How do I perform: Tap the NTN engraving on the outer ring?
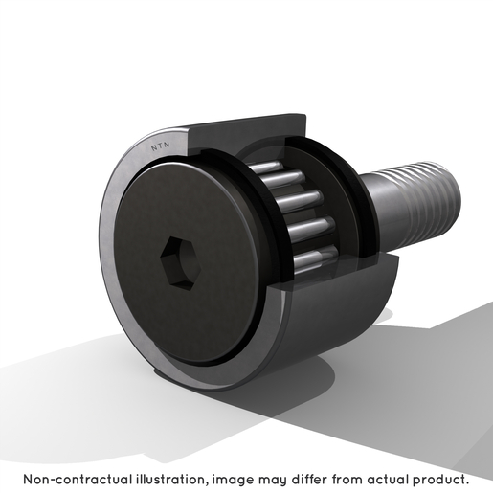[160, 146]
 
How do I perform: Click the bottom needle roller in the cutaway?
[315, 260]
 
